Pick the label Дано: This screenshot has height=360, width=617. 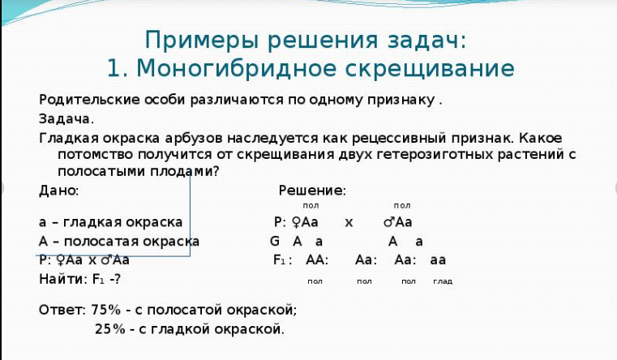click(58, 191)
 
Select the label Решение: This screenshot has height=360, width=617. click(312, 191)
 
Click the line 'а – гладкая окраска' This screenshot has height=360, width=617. click(111, 222)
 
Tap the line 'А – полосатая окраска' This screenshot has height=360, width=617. click(118, 242)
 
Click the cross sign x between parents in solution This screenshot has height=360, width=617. click(349, 222)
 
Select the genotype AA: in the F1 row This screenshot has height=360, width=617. click(316, 260)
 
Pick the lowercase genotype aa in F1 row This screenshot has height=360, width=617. click(438, 260)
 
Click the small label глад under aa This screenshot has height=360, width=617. click(443, 281)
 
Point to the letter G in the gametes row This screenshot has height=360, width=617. click(274, 242)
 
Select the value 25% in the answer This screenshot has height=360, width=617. click(111, 329)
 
